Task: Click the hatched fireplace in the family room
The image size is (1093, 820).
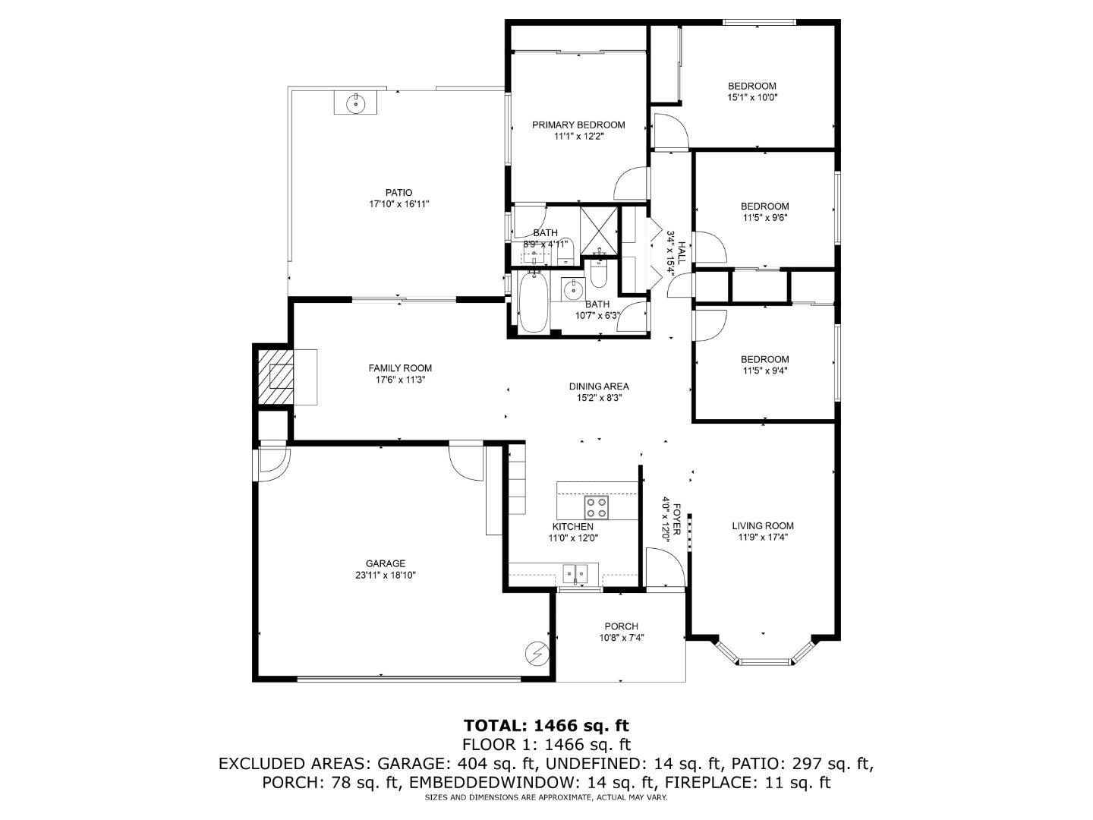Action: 275,376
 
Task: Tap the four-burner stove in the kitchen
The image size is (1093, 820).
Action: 596,506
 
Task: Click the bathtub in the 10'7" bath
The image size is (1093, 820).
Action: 533,301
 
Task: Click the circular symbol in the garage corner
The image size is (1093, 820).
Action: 537,653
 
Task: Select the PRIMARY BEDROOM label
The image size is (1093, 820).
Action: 578,125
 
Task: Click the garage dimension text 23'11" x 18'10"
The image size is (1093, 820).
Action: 386,576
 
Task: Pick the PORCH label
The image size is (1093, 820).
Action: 621,626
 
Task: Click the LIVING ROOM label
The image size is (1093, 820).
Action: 763,525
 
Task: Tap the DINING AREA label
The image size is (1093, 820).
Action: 599,386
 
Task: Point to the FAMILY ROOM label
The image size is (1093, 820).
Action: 400,368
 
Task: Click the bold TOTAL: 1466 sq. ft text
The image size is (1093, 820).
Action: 546,726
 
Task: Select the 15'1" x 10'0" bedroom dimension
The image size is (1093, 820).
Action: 752,97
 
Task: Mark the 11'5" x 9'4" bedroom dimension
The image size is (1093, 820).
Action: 764,371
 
